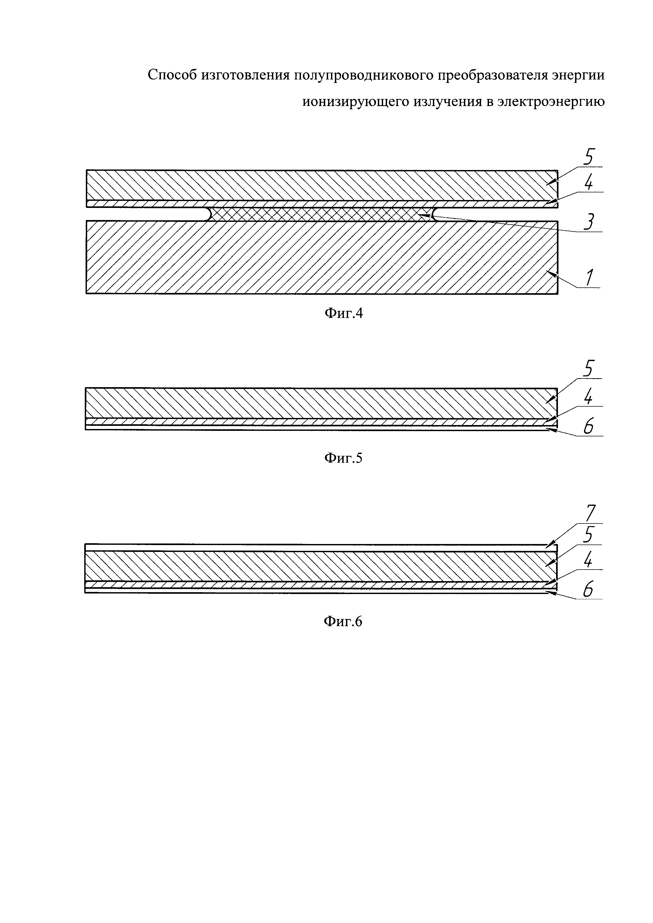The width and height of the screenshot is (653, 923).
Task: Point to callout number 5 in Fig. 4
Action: click(x=588, y=157)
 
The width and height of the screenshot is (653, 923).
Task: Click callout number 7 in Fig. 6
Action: click(x=590, y=513)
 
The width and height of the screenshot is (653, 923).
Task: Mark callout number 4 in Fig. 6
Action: click(x=588, y=560)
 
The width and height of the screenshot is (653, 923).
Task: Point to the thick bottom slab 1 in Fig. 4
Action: click(x=322, y=257)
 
